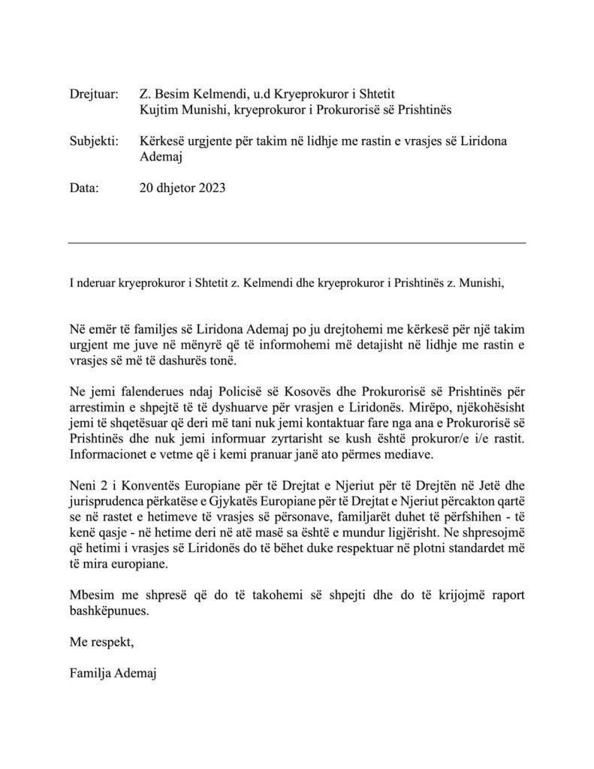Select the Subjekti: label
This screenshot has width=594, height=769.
pos(93,142)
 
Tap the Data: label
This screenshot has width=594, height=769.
pos(83,189)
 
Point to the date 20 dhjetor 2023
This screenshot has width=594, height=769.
pos(182,189)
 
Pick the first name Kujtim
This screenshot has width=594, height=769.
pos(159,110)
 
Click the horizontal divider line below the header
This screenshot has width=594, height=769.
pos(297,243)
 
